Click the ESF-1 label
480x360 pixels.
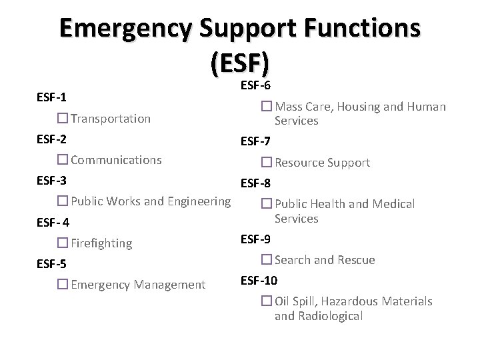coord(51,97)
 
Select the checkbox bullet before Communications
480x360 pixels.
coord(63,160)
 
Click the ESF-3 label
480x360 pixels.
coord(51,181)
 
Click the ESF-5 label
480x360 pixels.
coord(51,264)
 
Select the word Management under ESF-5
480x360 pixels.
coord(170,285)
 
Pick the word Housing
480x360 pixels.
coord(351,106)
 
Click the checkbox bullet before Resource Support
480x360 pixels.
coord(265,163)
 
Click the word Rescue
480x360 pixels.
coord(354,260)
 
